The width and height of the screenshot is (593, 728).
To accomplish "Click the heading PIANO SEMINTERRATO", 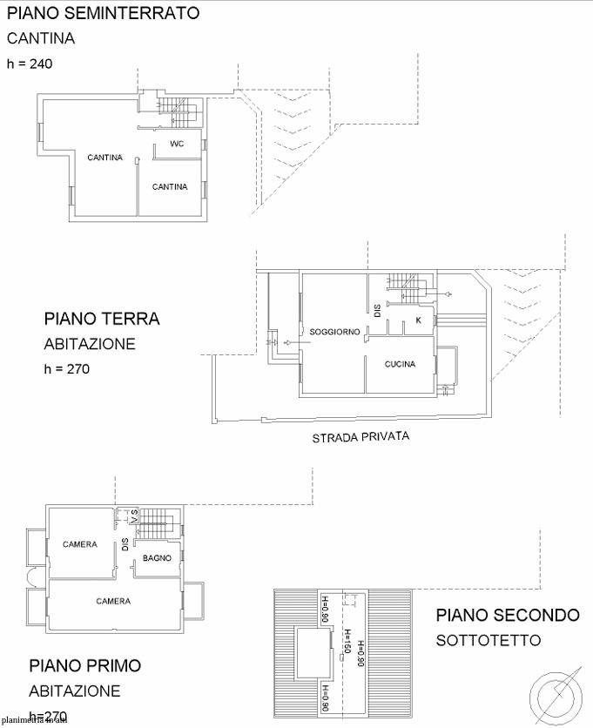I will click(103, 13).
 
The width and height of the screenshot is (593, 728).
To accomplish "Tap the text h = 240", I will click(30, 63).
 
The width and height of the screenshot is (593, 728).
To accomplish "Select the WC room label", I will click(176, 144).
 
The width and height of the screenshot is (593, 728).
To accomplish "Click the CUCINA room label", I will click(400, 364).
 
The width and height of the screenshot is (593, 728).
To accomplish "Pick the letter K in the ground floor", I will click(418, 320).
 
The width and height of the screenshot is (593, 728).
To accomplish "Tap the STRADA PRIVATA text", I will click(361, 437).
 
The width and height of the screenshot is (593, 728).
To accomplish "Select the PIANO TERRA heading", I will click(102, 319).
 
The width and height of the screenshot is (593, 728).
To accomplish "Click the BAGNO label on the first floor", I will click(157, 557).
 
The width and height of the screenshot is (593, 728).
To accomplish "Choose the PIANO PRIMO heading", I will click(85, 666).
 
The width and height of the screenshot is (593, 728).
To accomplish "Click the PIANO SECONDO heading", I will click(508, 615).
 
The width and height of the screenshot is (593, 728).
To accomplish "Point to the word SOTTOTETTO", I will click(489, 641).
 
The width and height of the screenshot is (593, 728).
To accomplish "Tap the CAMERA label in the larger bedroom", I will click(113, 601).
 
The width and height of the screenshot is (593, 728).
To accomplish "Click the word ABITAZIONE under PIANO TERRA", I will click(90, 344).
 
